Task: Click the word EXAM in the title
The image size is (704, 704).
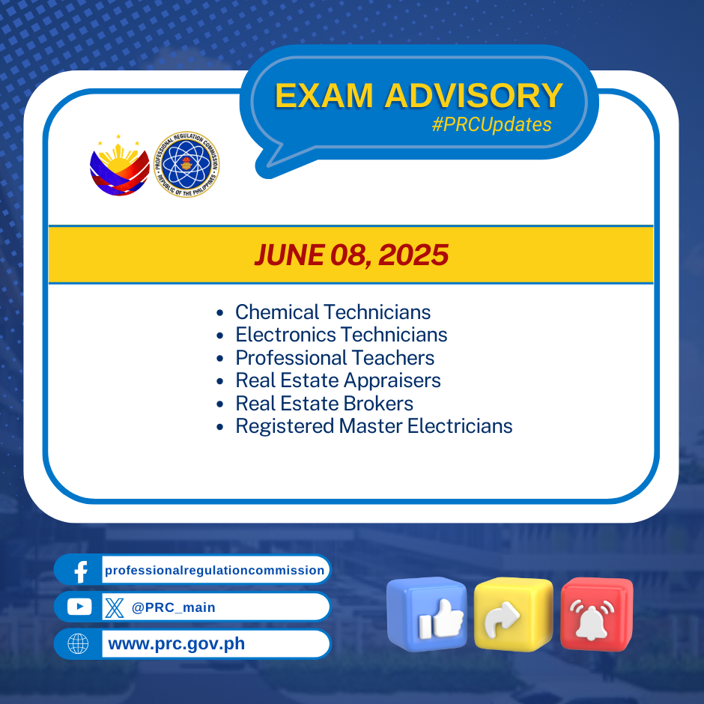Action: (324, 96)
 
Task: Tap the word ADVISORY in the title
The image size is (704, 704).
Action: (473, 96)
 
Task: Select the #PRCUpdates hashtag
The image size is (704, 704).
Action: (491, 124)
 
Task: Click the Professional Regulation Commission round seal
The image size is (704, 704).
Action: (186, 164)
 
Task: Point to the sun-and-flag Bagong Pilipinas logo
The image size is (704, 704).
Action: (119, 166)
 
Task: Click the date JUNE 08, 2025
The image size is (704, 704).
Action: (351, 255)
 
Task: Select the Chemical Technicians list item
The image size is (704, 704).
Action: (333, 312)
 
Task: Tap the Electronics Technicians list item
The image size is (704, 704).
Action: (342, 335)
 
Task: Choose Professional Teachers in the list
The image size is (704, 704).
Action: (335, 358)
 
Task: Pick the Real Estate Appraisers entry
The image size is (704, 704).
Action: (338, 380)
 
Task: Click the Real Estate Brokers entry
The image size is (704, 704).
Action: (324, 403)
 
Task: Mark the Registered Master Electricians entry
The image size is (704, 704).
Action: (374, 426)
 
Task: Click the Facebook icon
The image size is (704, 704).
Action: (81, 571)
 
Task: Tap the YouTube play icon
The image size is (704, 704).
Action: (79, 607)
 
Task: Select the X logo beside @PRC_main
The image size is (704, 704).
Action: (115, 607)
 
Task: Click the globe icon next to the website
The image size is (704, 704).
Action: (78, 644)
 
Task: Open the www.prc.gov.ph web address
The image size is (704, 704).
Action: (177, 644)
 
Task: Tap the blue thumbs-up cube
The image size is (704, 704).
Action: (427, 614)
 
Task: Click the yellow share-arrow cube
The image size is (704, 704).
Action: (513, 613)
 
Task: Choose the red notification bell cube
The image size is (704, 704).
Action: (597, 614)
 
